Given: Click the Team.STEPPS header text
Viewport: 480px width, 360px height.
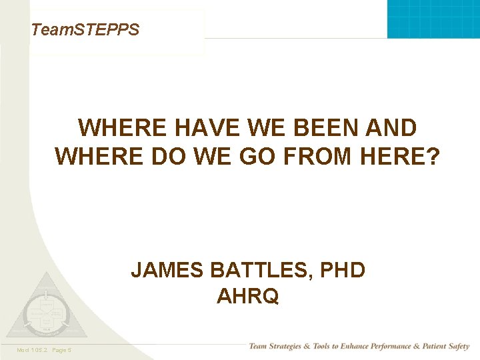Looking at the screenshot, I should [x=85, y=30].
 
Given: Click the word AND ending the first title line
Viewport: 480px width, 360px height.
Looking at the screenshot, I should [x=393, y=127].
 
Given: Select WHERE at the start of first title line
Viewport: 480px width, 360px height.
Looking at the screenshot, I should [x=121, y=127].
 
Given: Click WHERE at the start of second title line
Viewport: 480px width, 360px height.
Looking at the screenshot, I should [x=97, y=156].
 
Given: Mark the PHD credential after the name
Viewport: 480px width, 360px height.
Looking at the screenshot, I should [x=343, y=270].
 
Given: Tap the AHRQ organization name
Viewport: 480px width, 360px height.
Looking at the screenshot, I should [x=247, y=296].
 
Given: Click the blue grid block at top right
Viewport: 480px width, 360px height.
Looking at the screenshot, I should [x=433, y=19].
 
